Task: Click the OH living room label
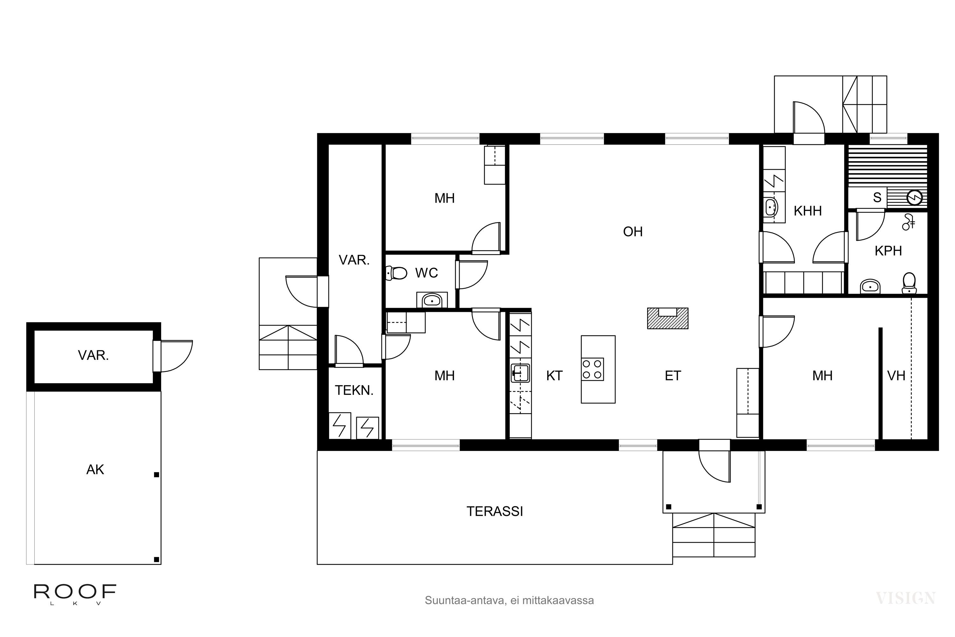tap(633, 232)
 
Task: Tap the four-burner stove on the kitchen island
tap(592, 369)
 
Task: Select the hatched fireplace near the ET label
tap(667, 318)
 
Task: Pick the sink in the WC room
tap(432, 301)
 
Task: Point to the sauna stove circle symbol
tap(915, 198)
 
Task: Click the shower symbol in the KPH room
tap(908, 222)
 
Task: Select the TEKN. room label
tap(354, 390)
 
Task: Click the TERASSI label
tap(495, 512)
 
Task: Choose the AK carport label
tap(95, 469)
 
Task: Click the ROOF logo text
tap(75, 592)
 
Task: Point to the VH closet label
tap(896, 376)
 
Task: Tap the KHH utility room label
tap(808, 211)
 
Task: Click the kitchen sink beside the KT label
tap(520, 373)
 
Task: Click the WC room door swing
tap(472, 275)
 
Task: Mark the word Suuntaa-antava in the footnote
tap(464, 600)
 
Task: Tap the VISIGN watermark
tap(905, 598)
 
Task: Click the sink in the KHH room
tap(771, 208)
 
